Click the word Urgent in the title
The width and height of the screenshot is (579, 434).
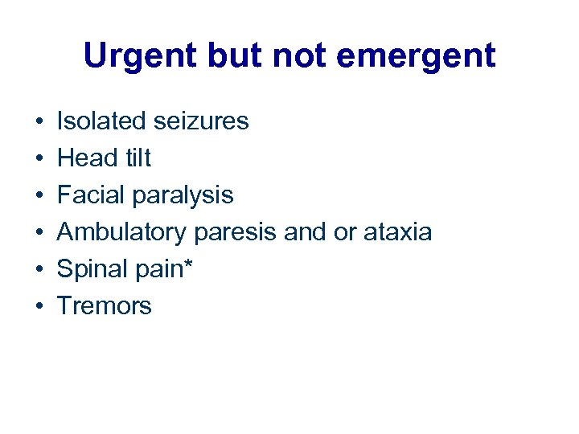coord(138,56)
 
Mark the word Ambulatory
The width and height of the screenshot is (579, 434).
coord(121,232)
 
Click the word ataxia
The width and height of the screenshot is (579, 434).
coord(397,232)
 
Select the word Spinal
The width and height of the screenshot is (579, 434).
coord(92,269)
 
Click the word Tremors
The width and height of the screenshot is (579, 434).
coord(104,306)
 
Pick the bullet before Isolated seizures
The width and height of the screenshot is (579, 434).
coord(39,122)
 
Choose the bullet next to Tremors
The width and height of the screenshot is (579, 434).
coord(39,307)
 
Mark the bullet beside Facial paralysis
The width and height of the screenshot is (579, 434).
coord(39,196)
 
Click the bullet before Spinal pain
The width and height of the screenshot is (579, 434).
coord(39,270)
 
